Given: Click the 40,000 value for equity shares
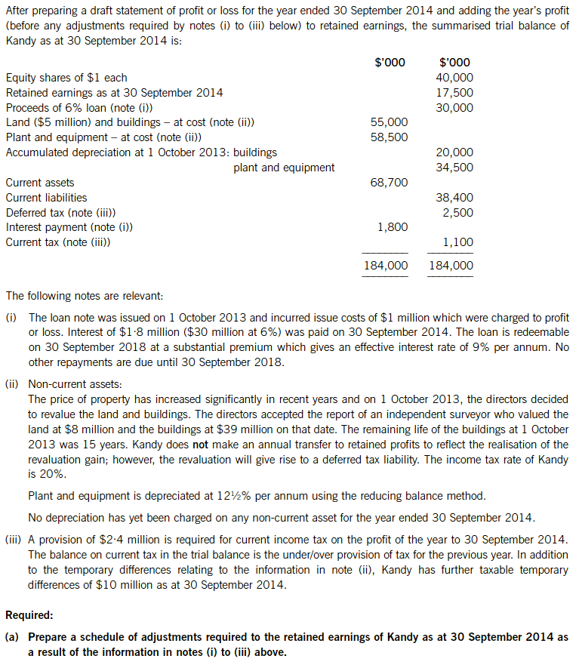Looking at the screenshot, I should click(454, 78).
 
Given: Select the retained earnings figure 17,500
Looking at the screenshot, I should click(454, 93).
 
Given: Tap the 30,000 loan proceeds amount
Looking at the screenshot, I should click(454, 108).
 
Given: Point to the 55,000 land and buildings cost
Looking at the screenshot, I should click(389, 122).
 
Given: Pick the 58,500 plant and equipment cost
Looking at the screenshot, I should click(389, 137).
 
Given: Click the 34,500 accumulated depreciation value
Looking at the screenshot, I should click(454, 168).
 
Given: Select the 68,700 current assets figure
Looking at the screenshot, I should click(389, 183).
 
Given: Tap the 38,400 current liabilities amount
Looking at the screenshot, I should click(454, 198).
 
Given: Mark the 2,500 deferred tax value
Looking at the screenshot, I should click(457, 213).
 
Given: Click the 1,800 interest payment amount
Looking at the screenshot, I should click(392, 227).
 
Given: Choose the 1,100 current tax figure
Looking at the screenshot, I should click(457, 242).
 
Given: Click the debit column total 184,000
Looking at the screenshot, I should click(386, 266).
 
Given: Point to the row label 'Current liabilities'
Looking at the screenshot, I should click(46, 198).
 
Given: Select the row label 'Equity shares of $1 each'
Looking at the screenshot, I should click(66, 78).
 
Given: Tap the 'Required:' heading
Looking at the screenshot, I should click(30, 615).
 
